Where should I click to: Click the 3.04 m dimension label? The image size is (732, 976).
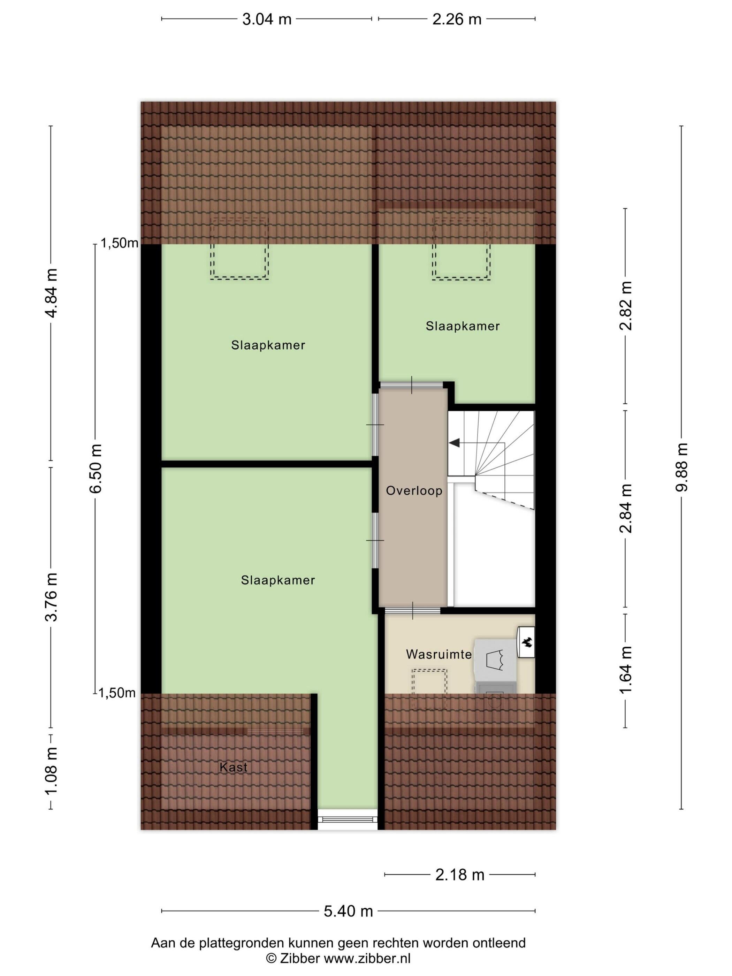click(x=267, y=20)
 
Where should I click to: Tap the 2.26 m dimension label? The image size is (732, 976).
click(x=457, y=20)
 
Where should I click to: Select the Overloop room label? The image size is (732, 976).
click(x=414, y=491)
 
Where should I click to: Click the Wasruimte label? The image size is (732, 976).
click(x=439, y=654)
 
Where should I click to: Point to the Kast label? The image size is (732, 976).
click(x=234, y=767)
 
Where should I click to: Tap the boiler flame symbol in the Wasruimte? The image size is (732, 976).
click(x=526, y=643)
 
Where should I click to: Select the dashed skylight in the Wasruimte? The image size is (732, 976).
click(x=429, y=689)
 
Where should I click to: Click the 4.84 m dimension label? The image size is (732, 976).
click(x=51, y=292)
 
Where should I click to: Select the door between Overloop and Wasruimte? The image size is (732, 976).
click(x=413, y=611)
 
